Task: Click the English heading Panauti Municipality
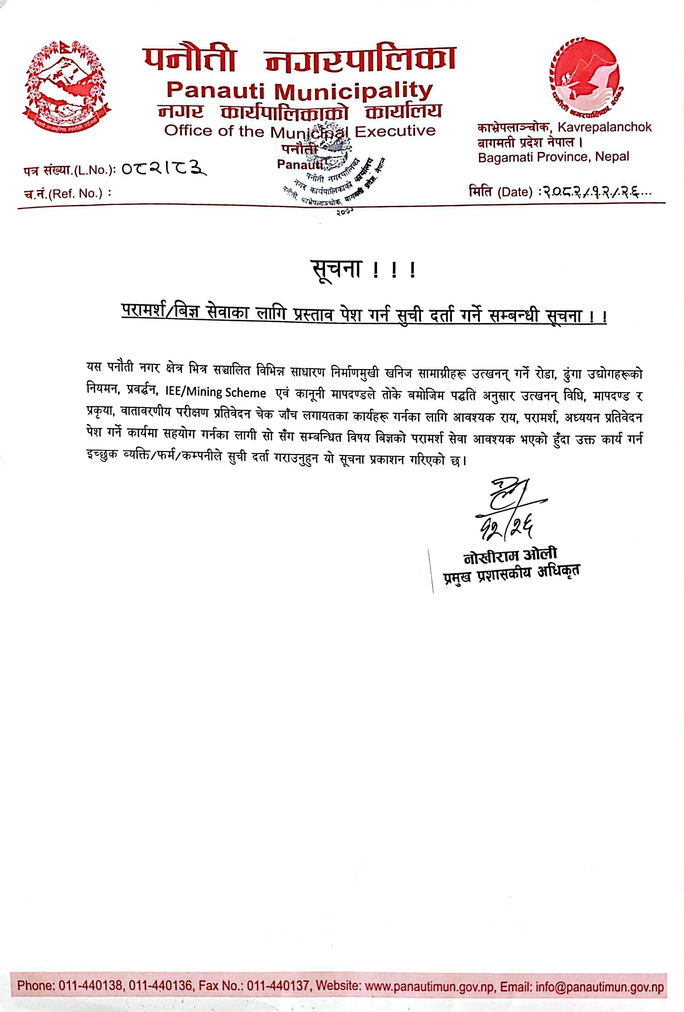pos(300,91)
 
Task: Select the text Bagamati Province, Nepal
pos(553,157)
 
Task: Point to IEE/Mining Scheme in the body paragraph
pos(216,392)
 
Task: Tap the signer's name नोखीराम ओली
pos(510,555)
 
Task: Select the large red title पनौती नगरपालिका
pos(300,60)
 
